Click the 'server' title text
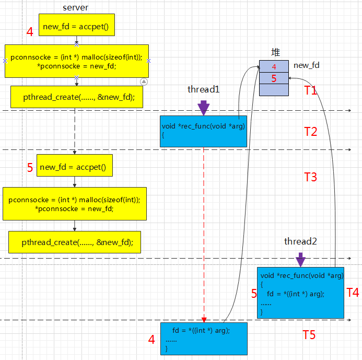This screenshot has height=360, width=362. (76, 8)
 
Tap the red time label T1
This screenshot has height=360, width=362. (310, 90)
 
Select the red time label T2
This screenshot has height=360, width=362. (310, 132)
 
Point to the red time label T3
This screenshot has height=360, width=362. (310, 177)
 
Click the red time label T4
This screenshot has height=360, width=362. (353, 293)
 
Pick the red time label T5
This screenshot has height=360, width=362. (309, 335)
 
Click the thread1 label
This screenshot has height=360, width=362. (203, 89)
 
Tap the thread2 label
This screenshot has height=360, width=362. (300, 241)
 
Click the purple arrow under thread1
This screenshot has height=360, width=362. (203, 108)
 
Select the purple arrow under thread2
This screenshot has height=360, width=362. (300, 260)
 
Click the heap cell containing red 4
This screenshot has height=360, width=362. (274, 66)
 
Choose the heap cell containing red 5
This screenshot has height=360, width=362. (274, 78)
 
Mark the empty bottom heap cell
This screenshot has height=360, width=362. (274, 90)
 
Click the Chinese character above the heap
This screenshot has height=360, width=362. (275, 52)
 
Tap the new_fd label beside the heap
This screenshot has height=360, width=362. (306, 65)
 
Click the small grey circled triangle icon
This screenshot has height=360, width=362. (144, 82)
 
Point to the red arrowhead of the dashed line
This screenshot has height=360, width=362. (204, 320)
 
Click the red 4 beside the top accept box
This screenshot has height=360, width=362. (30, 32)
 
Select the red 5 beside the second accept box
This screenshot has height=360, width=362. (30, 167)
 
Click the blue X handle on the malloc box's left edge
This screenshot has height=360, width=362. (5, 61)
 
